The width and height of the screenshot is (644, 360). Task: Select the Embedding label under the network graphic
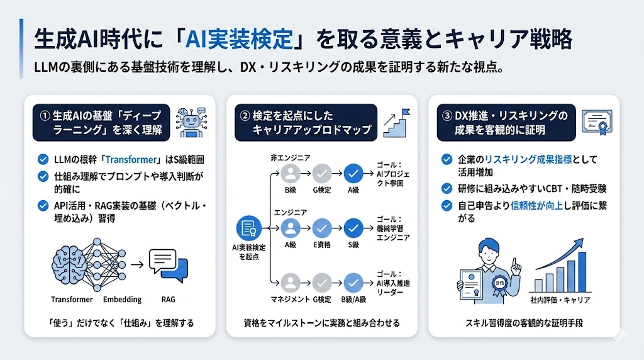coord(121,300)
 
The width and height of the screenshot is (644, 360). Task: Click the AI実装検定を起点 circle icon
coord(248,229)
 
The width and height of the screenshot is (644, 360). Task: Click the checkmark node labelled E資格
coord(322,227)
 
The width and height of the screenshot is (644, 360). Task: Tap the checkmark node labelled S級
coord(353,227)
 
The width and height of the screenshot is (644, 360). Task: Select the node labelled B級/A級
coord(353,282)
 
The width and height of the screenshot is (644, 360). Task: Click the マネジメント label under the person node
coord(289,301)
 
